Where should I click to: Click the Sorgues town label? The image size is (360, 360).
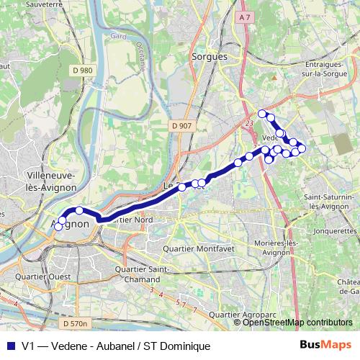(x=210, y=56)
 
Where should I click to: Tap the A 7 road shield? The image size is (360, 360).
(x=245, y=17)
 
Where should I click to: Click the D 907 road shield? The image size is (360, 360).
(x=182, y=126)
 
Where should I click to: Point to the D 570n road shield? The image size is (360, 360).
(x=74, y=324)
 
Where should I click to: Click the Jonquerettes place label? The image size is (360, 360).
(x=336, y=232)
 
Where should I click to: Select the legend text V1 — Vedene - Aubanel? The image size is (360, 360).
(x=115, y=346)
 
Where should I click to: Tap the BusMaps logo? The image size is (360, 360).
(x=325, y=346)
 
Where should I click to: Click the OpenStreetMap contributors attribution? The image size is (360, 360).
(x=297, y=323)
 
